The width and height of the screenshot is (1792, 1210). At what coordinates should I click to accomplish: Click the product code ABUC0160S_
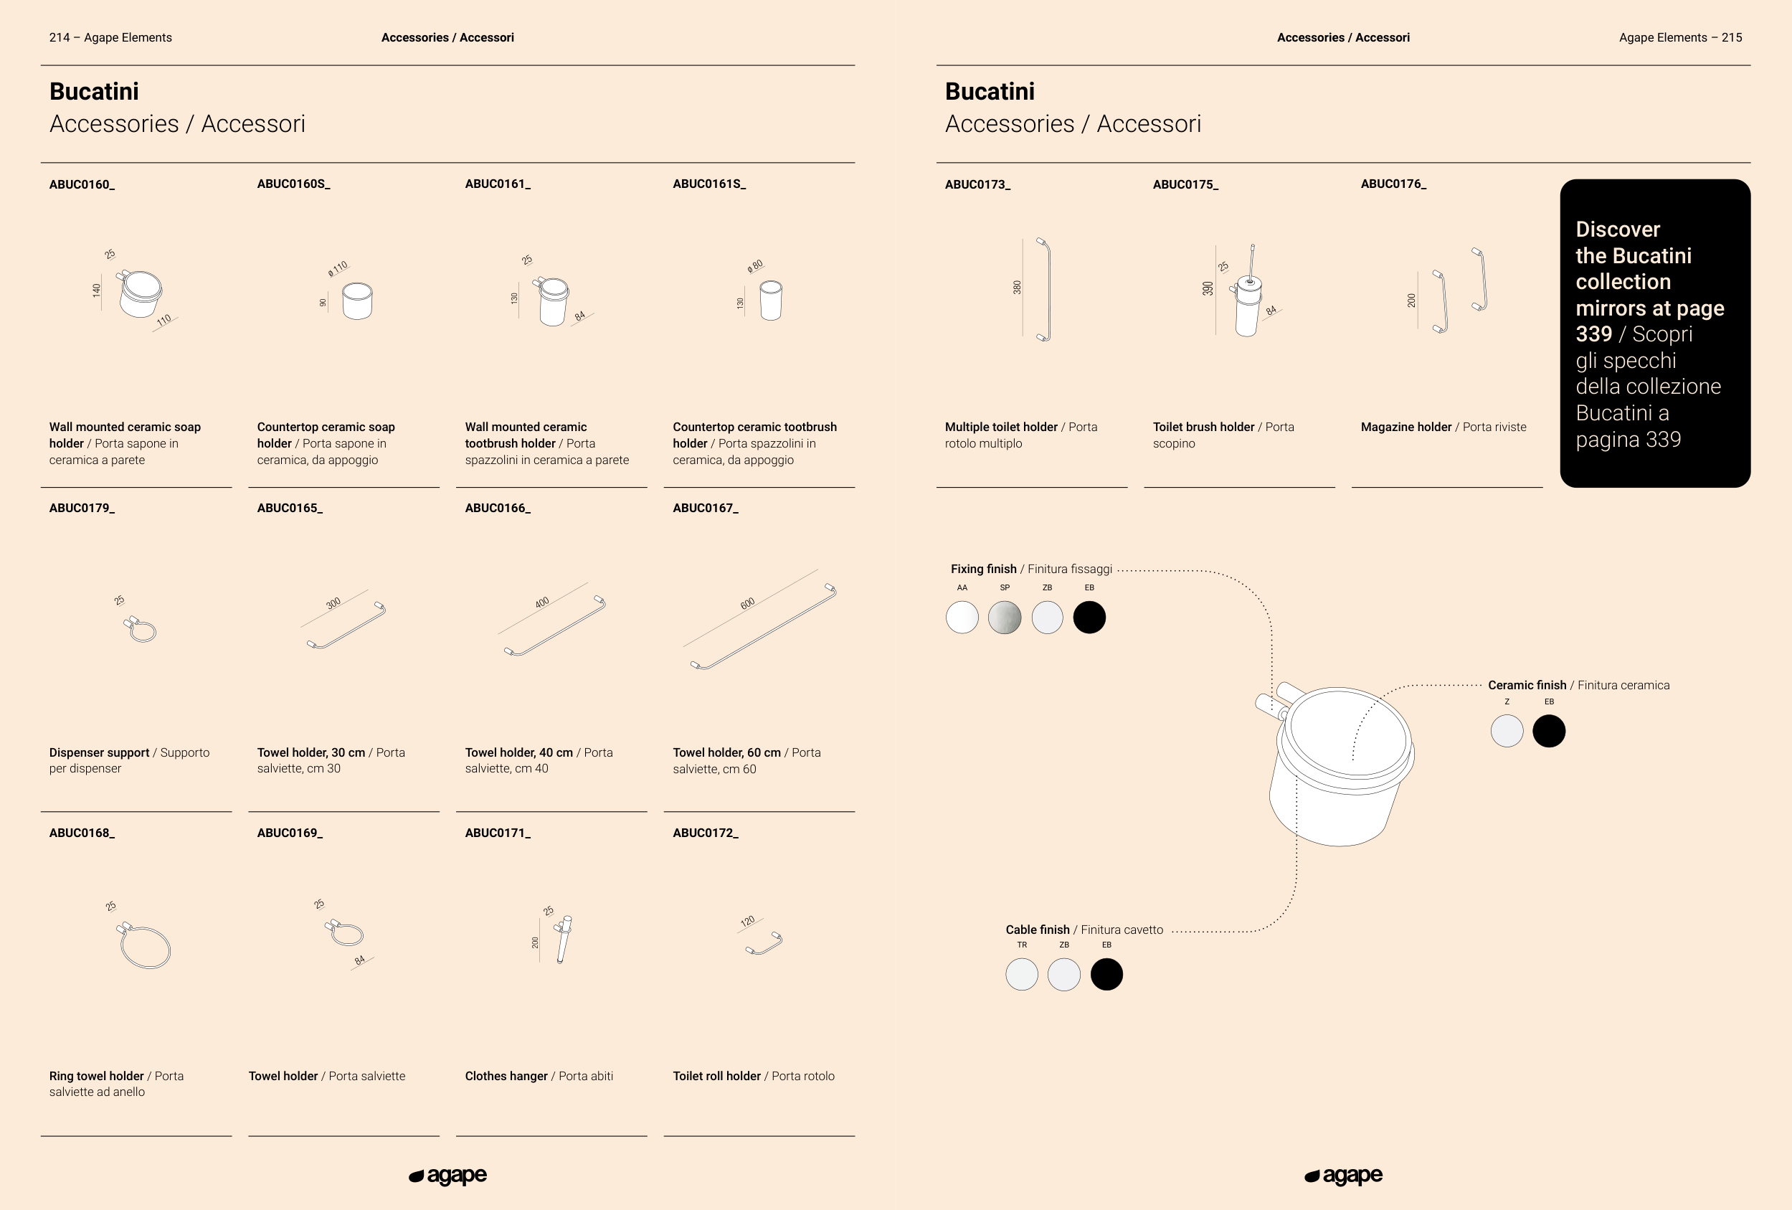[293, 184]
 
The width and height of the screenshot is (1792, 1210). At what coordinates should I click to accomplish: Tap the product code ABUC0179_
[82, 509]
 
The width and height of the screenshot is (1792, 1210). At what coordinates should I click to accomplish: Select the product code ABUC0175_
[1185, 184]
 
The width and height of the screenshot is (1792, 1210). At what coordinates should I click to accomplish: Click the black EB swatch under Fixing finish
[1089, 618]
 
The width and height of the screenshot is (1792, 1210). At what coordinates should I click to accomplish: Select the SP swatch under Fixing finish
[1005, 618]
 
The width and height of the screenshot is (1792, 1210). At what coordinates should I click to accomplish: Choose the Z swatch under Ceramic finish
[1507, 731]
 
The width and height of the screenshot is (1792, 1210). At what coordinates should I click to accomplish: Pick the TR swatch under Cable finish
[1022, 975]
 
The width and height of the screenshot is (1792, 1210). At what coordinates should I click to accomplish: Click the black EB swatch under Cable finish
[1106, 975]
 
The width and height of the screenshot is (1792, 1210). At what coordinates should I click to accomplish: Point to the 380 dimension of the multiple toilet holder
[1017, 287]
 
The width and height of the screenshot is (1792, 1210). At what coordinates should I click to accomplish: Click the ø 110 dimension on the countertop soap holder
[338, 268]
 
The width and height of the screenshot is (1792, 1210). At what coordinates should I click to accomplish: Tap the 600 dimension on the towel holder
[747, 604]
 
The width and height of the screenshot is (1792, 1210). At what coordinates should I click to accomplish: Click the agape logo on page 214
[448, 1176]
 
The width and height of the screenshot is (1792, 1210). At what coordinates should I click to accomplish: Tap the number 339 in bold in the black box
[1594, 335]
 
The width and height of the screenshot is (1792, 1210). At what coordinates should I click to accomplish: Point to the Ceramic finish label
[1527, 685]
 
